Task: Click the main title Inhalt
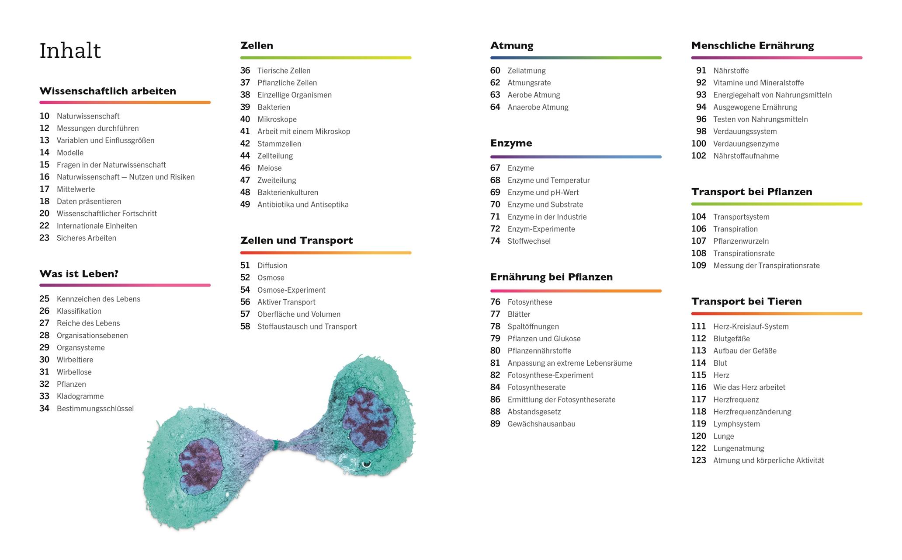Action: click(70, 51)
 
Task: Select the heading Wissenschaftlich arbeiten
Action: click(108, 91)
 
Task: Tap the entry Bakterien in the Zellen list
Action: click(274, 107)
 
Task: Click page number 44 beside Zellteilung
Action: click(245, 156)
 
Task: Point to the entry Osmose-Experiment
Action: click(291, 290)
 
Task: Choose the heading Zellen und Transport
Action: click(296, 240)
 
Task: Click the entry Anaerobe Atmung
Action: click(538, 107)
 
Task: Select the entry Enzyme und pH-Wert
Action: click(543, 192)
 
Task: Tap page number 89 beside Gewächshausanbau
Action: click(495, 424)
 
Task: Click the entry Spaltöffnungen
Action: click(533, 326)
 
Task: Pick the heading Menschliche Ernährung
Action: click(753, 45)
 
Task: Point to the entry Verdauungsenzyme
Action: click(746, 143)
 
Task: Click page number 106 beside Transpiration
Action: click(698, 229)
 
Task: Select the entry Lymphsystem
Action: click(736, 424)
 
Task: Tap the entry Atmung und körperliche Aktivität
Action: click(768, 460)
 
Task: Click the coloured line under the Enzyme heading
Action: click(576, 157)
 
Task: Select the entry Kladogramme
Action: click(80, 396)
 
